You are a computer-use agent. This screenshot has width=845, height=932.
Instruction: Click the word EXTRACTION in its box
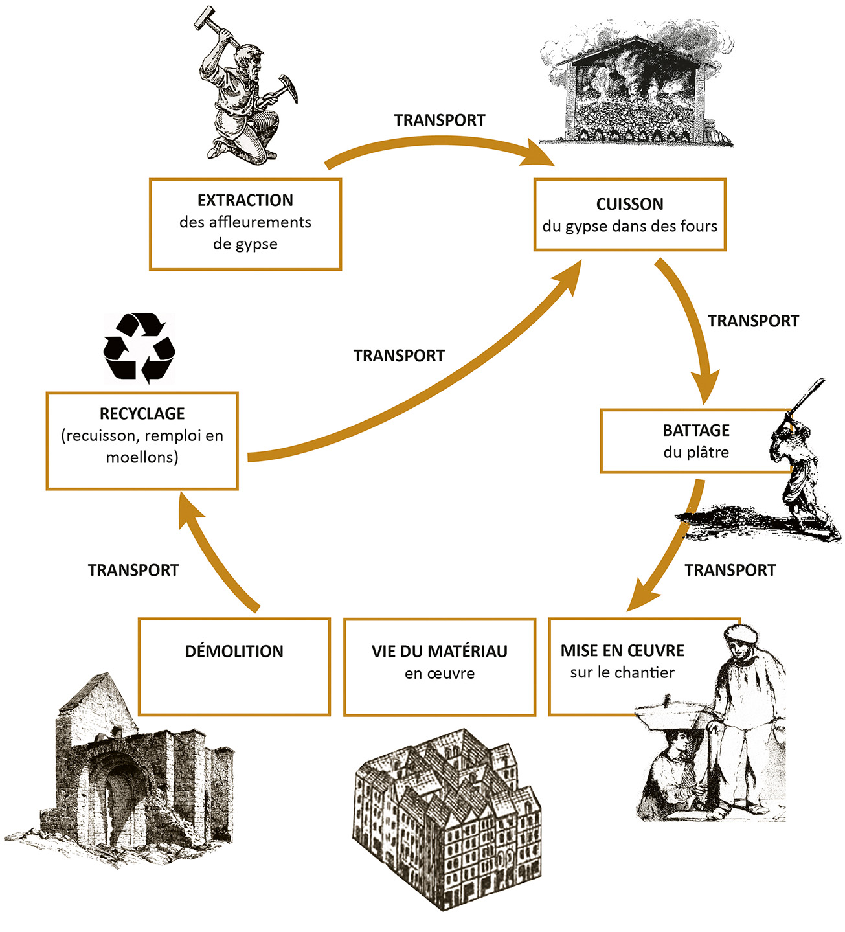pyautogui.click(x=245, y=200)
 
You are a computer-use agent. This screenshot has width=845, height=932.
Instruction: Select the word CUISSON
pyautogui.click(x=629, y=205)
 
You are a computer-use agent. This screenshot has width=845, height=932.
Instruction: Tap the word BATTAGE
pyautogui.click(x=695, y=431)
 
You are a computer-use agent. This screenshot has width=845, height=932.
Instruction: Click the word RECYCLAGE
pyautogui.click(x=142, y=414)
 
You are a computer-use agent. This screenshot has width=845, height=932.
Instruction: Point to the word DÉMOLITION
pyautogui.click(x=234, y=652)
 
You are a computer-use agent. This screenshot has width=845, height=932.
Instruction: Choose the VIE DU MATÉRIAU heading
pyautogui.click(x=439, y=652)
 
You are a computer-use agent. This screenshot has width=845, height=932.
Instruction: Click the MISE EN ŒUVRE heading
pyautogui.click(x=622, y=651)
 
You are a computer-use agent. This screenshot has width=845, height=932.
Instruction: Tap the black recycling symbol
pyautogui.click(x=139, y=348)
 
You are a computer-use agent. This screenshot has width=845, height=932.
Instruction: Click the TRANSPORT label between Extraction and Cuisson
pyautogui.click(x=439, y=120)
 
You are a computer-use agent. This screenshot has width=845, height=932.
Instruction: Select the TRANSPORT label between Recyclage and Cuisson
pyautogui.click(x=399, y=356)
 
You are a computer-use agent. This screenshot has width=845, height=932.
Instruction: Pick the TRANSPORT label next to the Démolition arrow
pyautogui.click(x=133, y=571)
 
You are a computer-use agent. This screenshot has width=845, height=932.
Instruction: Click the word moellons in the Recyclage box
pyautogui.click(x=142, y=458)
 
